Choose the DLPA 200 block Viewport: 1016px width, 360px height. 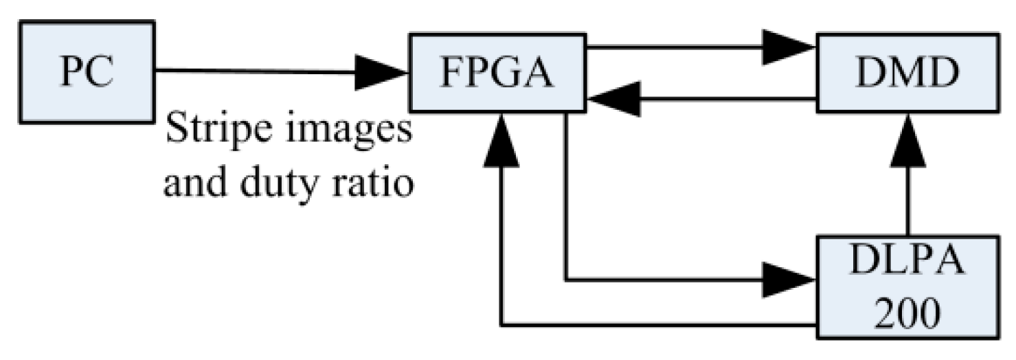pos(907,285)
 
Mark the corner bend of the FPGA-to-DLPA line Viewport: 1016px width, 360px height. pos(565,280)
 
